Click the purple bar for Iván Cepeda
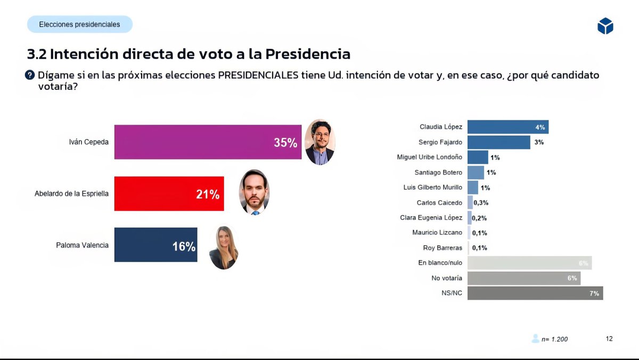pos(208,142)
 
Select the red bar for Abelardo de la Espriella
pos(169,194)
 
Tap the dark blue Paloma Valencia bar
pos(155,245)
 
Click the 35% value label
pos(285,143)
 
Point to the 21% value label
pos(208,194)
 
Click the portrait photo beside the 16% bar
pos(224,248)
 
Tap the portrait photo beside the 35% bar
pos(319,142)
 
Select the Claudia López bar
pos(507,127)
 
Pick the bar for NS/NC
pos(535,293)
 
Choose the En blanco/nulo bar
pos(529,263)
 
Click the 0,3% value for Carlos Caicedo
pos(481,203)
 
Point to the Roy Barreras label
pos(443,248)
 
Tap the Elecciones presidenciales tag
pos(80,24)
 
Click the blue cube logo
pos(605,26)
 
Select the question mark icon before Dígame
pos(30,75)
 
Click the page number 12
pos(609,338)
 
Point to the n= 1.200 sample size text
pos(554,339)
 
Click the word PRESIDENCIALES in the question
pos(258,75)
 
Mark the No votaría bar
pos(523,278)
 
